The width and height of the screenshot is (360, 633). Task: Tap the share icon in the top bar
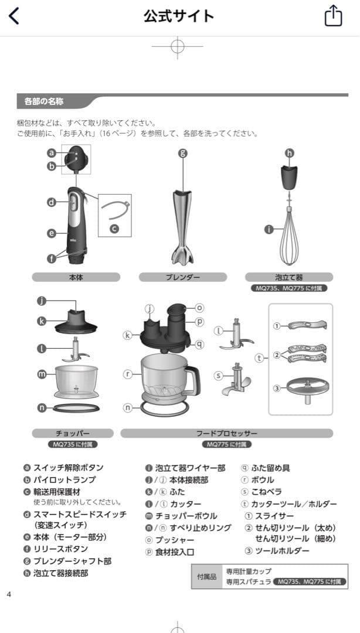tap(332, 16)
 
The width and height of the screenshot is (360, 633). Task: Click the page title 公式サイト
tap(179, 16)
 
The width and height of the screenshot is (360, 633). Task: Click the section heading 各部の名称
tap(45, 101)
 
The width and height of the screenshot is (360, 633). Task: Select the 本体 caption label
tap(76, 277)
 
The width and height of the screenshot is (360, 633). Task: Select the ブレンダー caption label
tap(182, 277)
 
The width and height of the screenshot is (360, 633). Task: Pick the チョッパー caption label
tap(76, 433)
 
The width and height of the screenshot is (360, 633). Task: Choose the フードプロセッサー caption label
tap(226, 433)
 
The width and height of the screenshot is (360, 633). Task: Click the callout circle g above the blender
tap(182, 153)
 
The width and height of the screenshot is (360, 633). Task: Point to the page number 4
tap(9, 594)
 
